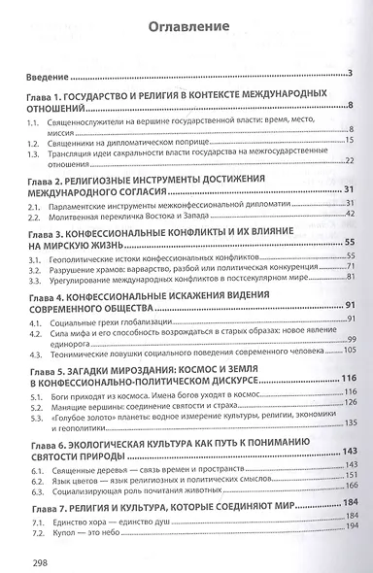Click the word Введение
tap(47, 75)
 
